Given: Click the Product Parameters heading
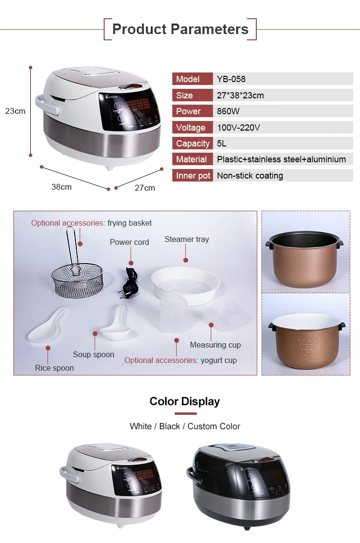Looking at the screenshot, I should coord(180,29).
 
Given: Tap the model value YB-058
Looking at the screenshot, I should coord(231,79).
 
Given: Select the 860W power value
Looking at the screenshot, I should coord(228,111).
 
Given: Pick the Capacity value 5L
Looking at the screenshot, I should coord(222,144).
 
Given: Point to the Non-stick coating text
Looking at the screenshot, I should coord(250,176).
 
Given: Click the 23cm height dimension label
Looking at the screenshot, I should coord(15,111).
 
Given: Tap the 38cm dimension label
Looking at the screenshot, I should coord(62,187).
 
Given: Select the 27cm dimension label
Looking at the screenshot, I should coord(145,188).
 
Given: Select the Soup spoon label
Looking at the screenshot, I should coord(94,355).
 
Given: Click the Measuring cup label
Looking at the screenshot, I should coord(215,345).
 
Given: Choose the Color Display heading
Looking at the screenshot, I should coord(185,401).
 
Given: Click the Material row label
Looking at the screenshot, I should coord(192,159).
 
